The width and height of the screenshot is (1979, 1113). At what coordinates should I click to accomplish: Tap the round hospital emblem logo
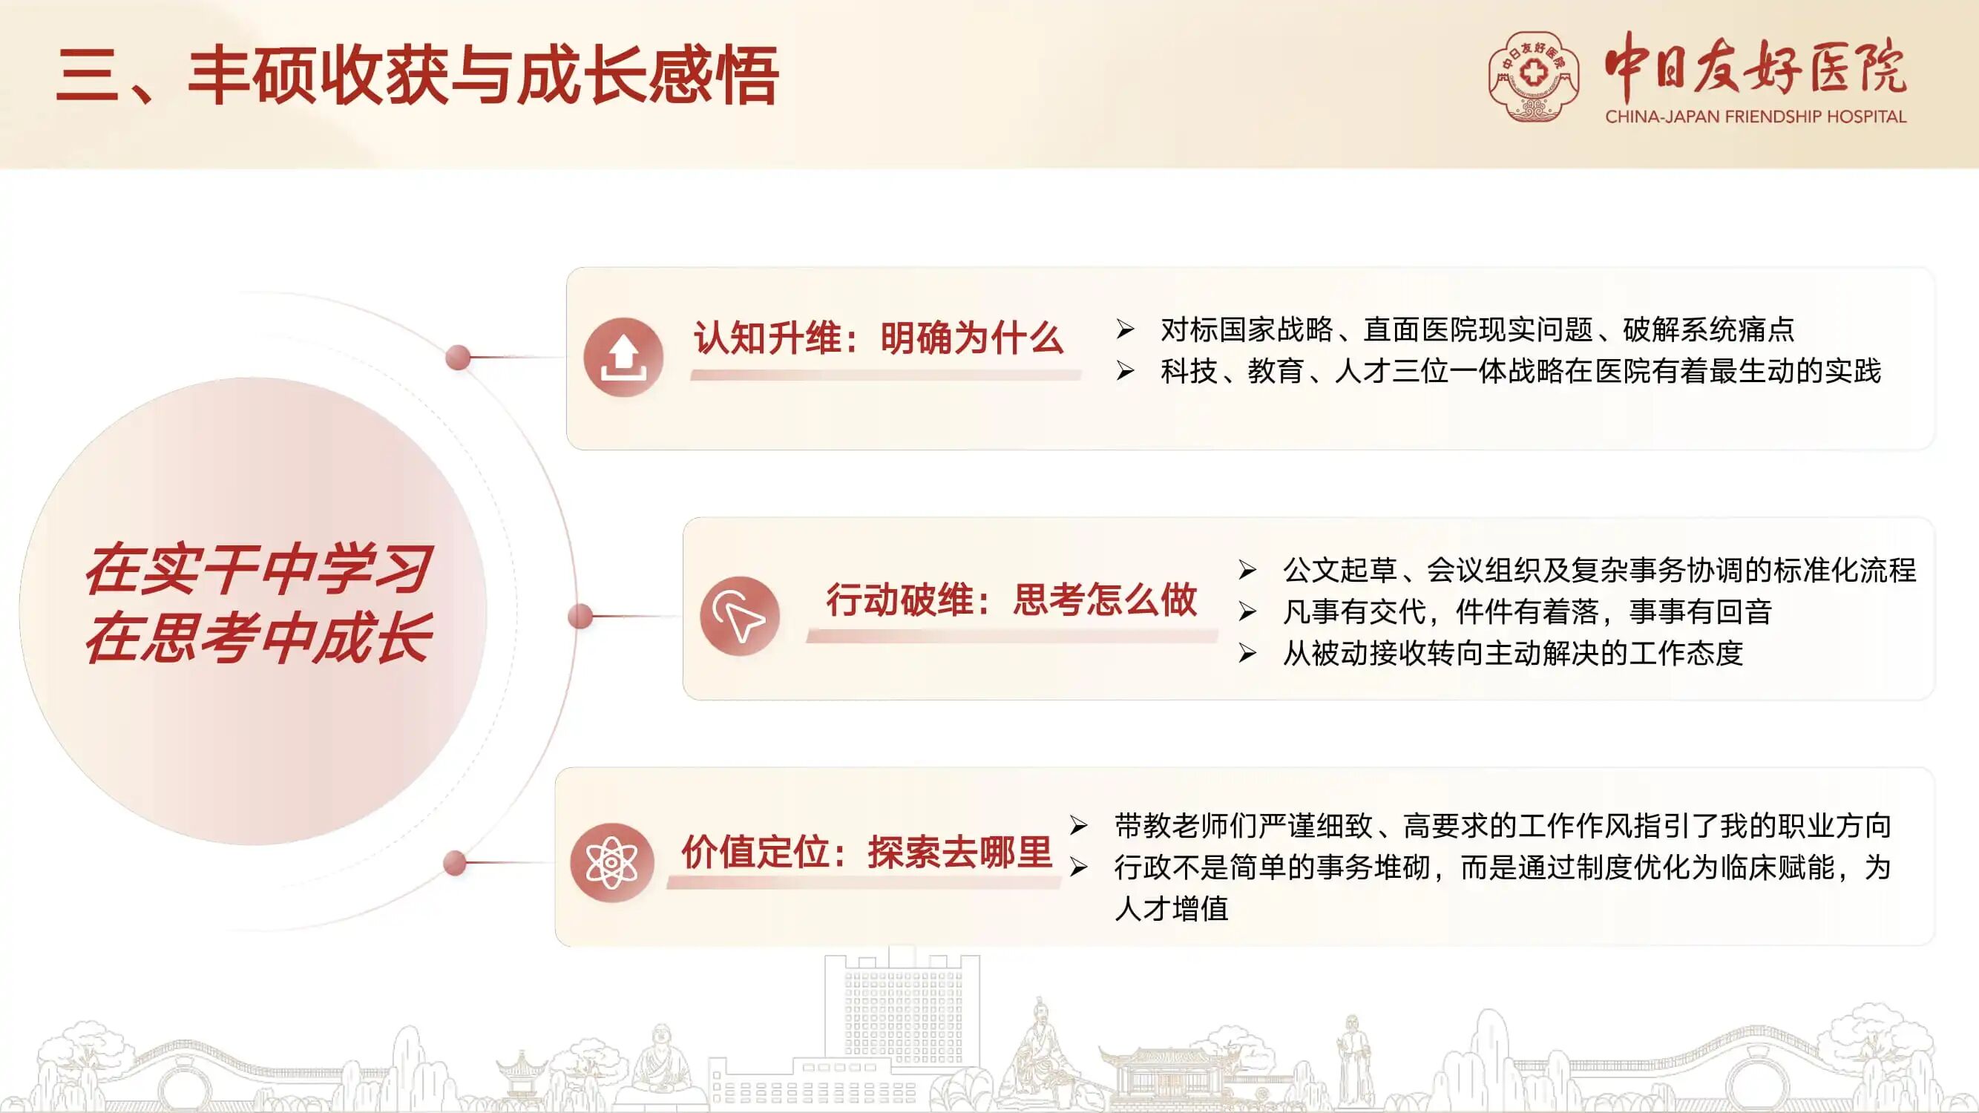[1534, 76]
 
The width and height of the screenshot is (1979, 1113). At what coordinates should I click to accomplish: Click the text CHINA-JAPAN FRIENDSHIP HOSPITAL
[1756, 116]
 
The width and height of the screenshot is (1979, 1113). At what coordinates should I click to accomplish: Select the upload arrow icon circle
[623, 357]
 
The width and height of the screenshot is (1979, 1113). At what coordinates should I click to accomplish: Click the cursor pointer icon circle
[740, 616]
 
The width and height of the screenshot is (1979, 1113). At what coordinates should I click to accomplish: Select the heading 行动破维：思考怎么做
[1011, 600]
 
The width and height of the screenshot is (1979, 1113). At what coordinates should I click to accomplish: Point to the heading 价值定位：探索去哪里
[867, 852]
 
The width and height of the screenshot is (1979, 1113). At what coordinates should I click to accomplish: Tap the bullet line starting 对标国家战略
[1477, 329]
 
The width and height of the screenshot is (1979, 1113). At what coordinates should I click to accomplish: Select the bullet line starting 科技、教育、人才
[1520, 371]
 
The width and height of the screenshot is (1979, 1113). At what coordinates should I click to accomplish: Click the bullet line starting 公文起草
[1600, 570]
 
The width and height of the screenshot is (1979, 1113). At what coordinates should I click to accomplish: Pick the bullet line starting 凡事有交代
[1527, 611]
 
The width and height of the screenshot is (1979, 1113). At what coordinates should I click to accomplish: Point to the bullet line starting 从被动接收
[1513, 653]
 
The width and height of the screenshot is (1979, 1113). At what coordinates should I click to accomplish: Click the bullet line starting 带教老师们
[1503, 826]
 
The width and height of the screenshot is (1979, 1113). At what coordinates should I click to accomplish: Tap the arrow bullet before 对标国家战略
[1126, 330]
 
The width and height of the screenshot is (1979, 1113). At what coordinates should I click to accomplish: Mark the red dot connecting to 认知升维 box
[458, 357]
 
